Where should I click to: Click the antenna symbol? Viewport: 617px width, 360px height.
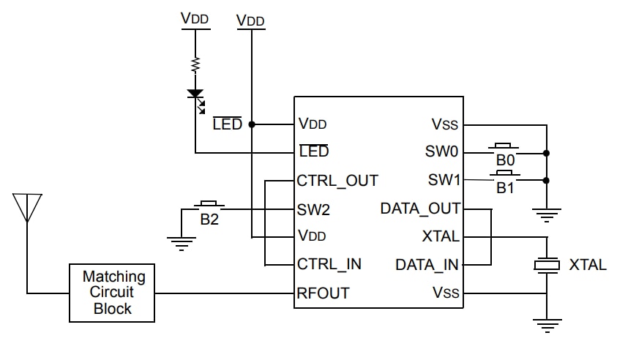click(27, 208)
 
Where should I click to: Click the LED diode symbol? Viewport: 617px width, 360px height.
click(195, 95)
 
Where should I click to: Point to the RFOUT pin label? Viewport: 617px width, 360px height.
click(323, 293)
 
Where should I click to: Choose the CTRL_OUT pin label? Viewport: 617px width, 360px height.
click(337, 180)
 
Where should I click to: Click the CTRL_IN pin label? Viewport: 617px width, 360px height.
click(329, 264)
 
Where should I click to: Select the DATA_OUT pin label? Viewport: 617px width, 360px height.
click(420, 209)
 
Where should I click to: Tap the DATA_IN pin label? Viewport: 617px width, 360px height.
click(427, 264)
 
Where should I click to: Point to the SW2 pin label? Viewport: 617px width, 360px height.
click(314, 209)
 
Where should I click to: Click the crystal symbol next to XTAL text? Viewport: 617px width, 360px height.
click(546, 265)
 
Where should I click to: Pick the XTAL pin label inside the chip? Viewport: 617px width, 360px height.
click(441, 236)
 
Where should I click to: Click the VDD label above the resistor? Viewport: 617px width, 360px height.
click(195, 19)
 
